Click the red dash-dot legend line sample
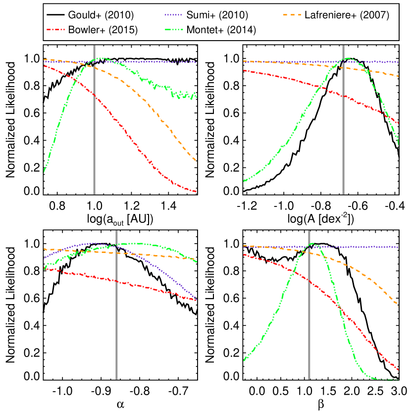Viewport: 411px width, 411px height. [55, 30]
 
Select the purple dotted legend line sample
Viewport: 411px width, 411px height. [174, 15]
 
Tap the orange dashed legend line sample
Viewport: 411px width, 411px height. [292, 15]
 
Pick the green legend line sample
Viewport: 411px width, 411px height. [174, 30]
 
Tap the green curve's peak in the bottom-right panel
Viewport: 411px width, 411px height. [313, 243]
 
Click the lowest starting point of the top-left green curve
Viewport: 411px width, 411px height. [44, 171]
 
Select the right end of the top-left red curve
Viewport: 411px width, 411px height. [196, 191]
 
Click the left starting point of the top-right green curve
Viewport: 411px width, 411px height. [244, 181]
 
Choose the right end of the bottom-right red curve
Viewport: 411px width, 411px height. [398, 369]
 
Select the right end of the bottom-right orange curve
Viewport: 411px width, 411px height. [398, 307]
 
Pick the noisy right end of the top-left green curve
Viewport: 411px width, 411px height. [196, 96]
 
